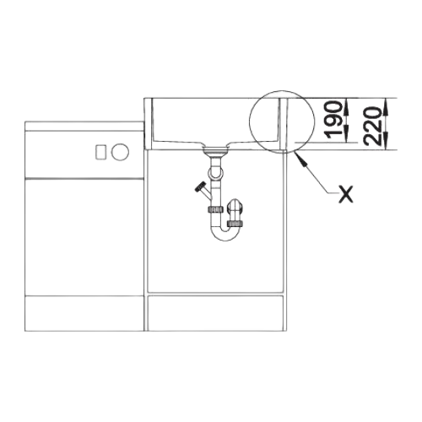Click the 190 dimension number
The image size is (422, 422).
(334, 121)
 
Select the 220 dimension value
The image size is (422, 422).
(373, 127)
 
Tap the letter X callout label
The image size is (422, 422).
(345, 194)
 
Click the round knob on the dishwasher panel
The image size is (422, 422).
(120, 152)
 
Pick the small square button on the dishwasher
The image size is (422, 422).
(100, 152)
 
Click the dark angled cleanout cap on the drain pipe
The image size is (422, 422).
(200, 187)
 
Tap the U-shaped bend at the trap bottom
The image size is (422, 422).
(225, 235)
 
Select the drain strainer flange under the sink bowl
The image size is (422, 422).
(216, 150)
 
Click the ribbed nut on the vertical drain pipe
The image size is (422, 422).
(215, 209)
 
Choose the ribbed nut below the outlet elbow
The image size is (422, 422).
(235, 224)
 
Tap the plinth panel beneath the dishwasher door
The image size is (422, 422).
(84, 313)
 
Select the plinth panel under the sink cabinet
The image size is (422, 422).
(215, 313)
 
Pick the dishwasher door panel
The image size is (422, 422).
(84, 237)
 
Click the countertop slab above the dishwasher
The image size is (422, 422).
(84, 126)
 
